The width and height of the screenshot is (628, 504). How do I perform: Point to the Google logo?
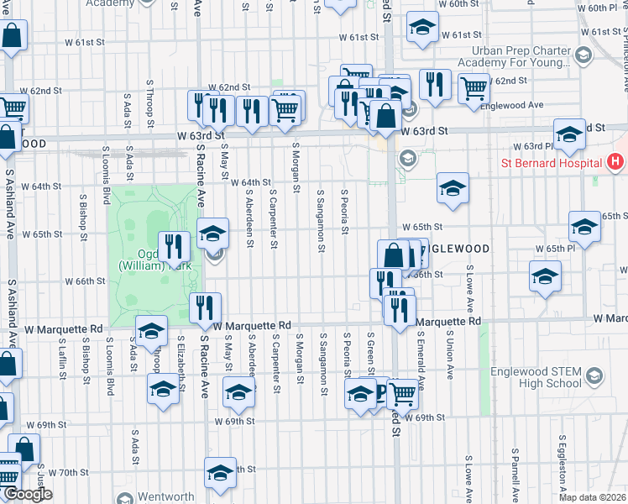point(28,494)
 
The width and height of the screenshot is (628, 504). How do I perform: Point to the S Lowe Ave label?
point(469,294)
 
